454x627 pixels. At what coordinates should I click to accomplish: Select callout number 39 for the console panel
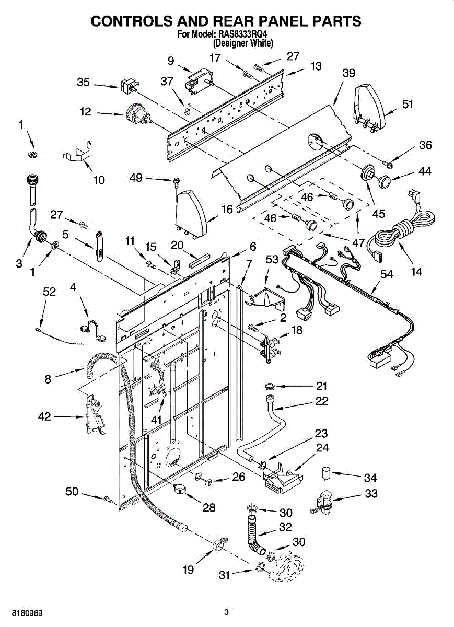tap(349, 74)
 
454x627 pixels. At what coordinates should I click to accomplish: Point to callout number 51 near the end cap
tap(408, 104)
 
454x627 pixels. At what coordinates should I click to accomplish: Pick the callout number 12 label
tap(86, 111)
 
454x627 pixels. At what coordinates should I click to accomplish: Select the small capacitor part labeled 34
tap(327, 473)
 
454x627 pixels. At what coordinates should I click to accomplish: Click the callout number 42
tap(45, 416)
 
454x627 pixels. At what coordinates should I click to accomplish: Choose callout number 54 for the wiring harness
tap(387, 274)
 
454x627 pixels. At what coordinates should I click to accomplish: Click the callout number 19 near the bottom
tap(188, 570)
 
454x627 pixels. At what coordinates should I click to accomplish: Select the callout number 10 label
tap(99, 180)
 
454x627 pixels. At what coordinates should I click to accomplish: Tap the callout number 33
tap(371, 493)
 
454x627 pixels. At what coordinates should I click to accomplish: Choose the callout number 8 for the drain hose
tap(48, 380)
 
